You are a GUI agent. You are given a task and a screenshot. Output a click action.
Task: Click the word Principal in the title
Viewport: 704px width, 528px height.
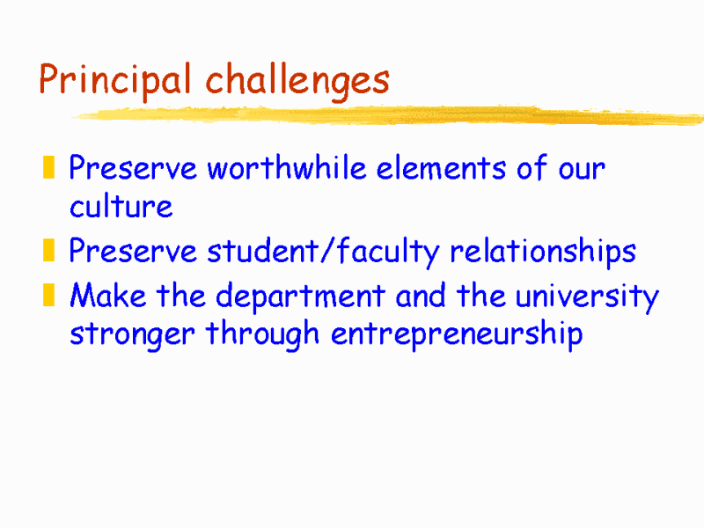point(115,81)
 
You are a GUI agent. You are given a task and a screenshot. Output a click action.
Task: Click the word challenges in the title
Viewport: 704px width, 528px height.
point(297,81)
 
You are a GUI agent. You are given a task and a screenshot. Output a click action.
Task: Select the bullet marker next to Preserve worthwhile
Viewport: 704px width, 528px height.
point(50,167)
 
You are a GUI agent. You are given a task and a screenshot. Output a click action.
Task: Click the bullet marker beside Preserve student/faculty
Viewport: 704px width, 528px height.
point(50,253)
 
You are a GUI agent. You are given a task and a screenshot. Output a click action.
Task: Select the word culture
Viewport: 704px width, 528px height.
point(121,209)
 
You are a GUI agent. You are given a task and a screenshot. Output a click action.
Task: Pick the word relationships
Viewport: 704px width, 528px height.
point(542,253)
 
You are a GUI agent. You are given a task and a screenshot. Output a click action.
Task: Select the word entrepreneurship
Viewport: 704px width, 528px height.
point(457,336)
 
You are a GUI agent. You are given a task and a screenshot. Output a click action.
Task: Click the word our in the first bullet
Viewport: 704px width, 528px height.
point(582,169)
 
